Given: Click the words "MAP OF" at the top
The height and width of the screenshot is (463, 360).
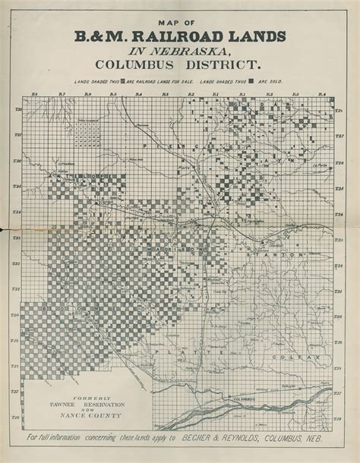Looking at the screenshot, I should click(x=179, y=24).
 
